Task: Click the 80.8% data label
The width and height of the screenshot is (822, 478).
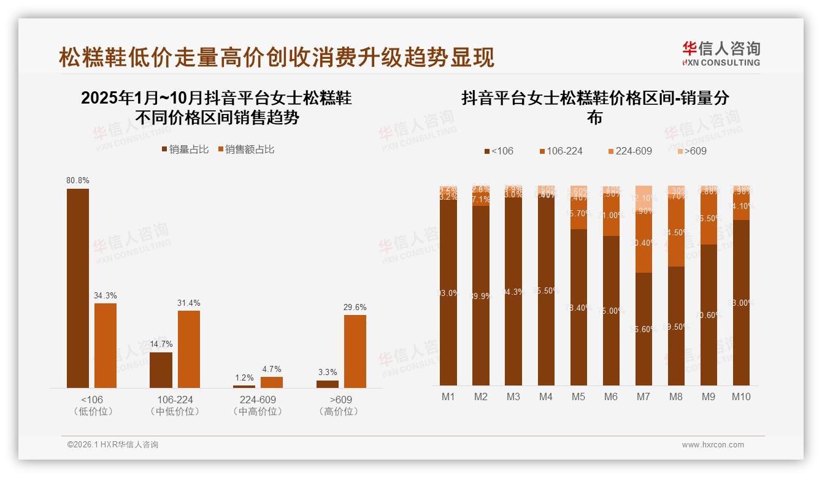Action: click(78, 181)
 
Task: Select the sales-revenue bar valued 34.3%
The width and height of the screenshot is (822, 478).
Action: click(106, 345)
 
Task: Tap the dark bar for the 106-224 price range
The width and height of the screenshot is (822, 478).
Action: click(161, 370)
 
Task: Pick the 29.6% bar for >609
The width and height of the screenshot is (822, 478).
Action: click(355, 351)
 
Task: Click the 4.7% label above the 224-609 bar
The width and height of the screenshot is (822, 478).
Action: click(271, 369)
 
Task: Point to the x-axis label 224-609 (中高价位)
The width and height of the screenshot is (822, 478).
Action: click(258, 405)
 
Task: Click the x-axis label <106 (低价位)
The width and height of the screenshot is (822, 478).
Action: click(92, 405)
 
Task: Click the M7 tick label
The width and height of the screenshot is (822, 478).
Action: click(643, 396)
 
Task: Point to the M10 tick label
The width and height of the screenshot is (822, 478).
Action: click(741, 396)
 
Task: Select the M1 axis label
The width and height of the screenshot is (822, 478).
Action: click(448, 396)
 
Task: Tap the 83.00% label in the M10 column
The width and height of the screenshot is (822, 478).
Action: click(742, 303)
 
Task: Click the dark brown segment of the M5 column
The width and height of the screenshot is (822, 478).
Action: click(578, 306)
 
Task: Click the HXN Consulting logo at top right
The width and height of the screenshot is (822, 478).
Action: click(721, 53)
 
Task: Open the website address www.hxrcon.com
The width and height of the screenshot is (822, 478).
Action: click(713, 445)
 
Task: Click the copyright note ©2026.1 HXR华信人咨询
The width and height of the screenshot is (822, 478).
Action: click(112, 445)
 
